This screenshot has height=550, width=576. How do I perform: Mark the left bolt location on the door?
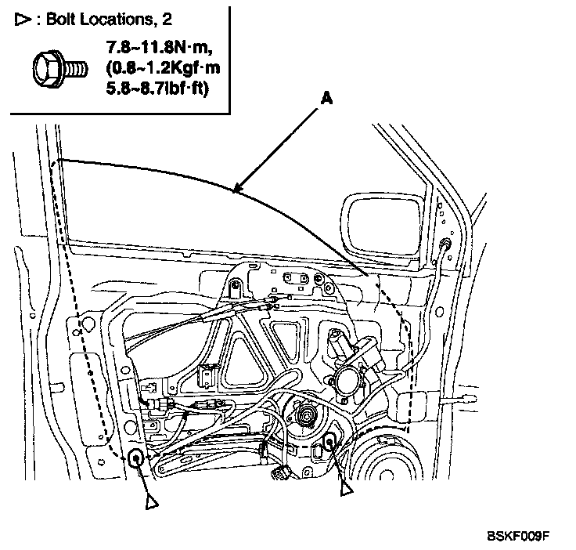[x=136, y=458]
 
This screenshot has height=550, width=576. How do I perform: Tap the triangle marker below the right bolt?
[x=346, y=488]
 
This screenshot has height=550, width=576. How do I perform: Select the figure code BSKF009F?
[x=518, y=537]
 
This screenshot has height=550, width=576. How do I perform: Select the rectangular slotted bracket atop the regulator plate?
[x=297, y=278]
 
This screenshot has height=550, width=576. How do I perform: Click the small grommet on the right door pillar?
[x=445, y=244]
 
